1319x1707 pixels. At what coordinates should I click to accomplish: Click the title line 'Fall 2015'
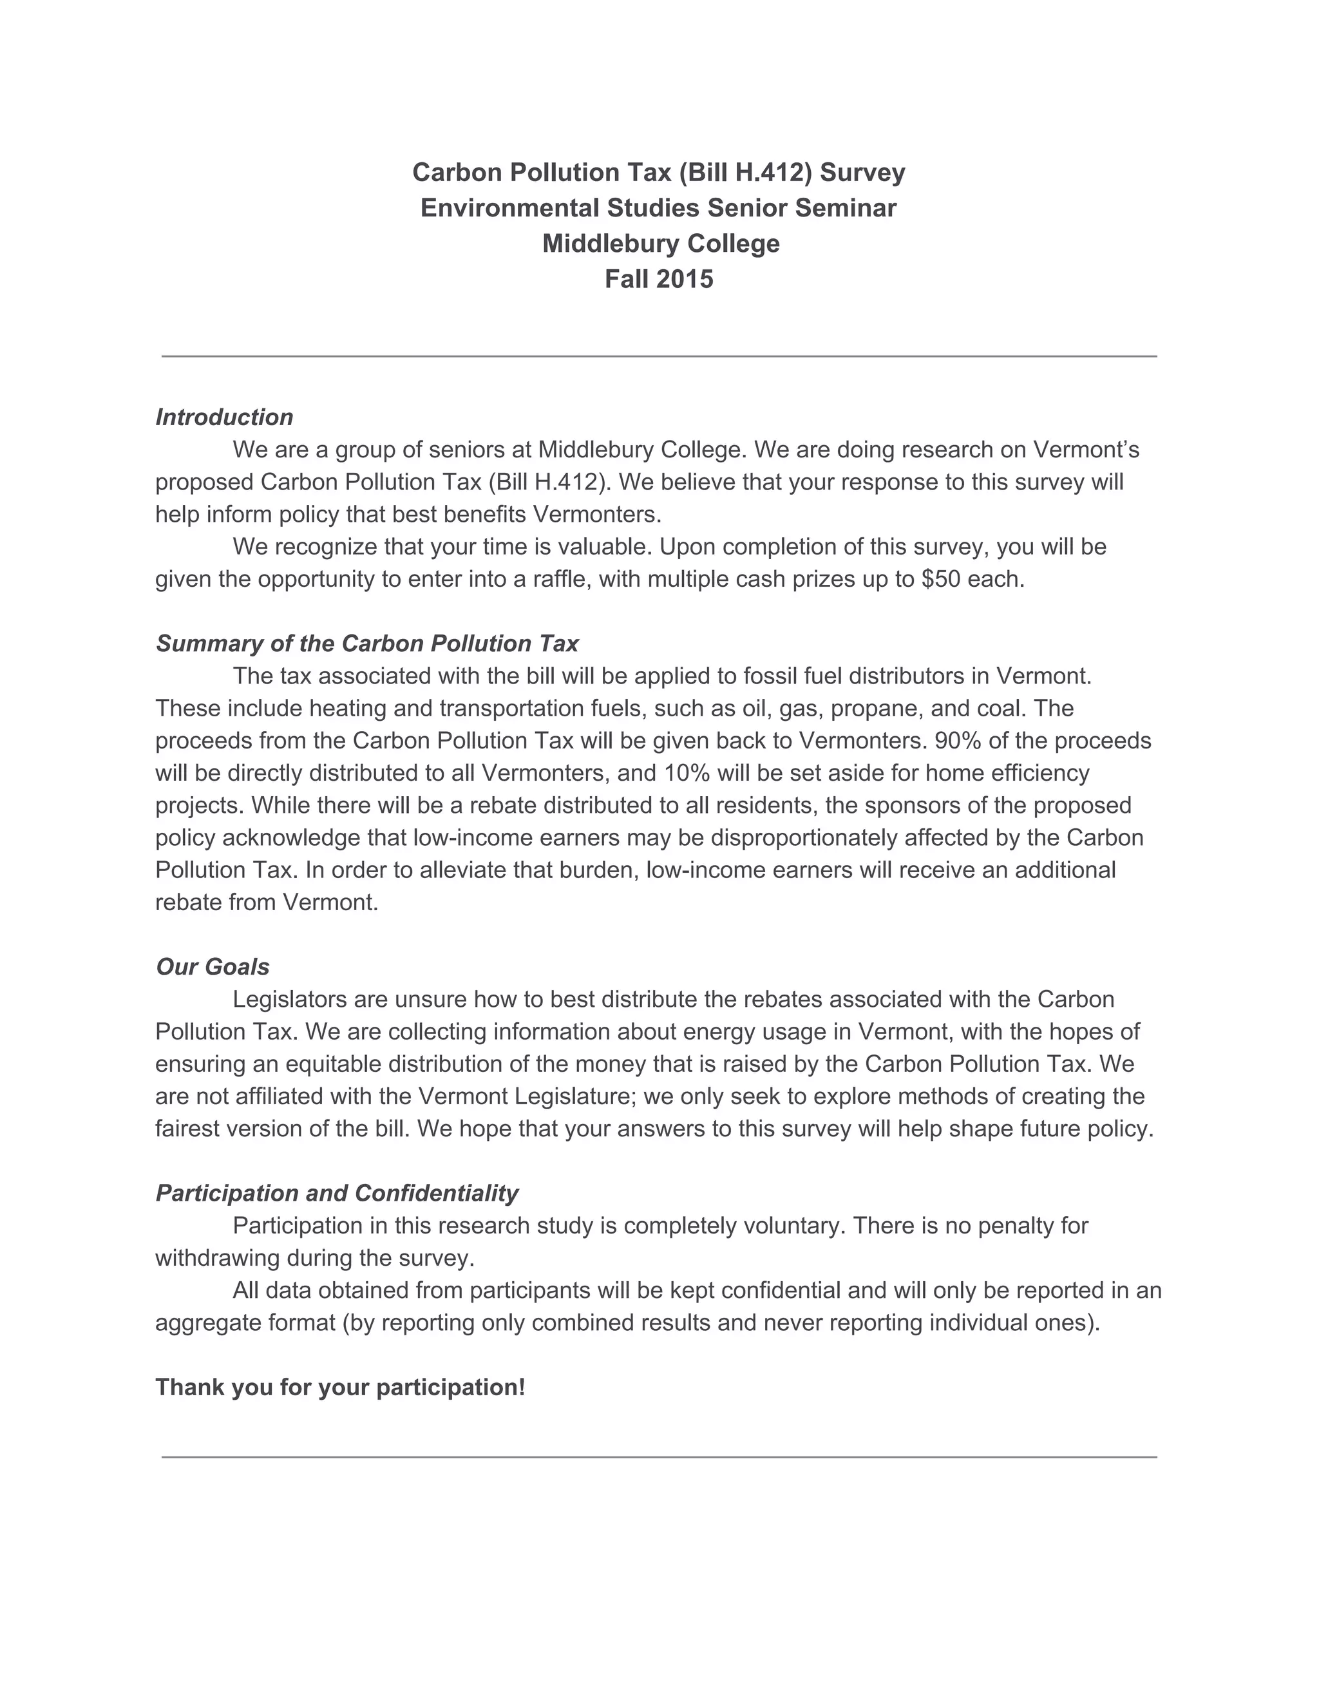(659, 280)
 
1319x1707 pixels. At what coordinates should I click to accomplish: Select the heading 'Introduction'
(224, 417)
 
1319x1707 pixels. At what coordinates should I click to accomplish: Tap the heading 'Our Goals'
(213, 967)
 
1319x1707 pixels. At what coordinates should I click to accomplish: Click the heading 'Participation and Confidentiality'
(337, 1193)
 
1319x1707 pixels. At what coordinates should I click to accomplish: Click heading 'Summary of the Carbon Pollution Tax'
(367, 644)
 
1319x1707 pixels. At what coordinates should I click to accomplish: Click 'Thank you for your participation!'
(340, 1388)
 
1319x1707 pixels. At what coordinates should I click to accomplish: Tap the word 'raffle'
(557, 579)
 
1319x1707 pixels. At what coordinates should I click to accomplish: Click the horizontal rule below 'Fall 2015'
(659, 356)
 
